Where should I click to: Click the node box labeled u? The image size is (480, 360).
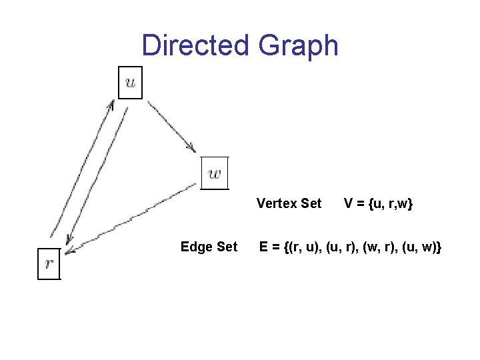coord(130,83)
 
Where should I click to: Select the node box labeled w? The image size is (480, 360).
coord(215,173)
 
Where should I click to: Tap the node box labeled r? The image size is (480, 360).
coord(49,263)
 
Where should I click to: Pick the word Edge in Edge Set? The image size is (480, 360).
coord(195,247)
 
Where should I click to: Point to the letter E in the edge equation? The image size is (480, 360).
coord(265,247)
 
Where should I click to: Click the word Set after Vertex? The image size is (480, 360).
coord(311,203)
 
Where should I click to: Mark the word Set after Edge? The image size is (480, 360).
coord(226,247)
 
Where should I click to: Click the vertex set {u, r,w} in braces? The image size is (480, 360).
coord(390,203)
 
